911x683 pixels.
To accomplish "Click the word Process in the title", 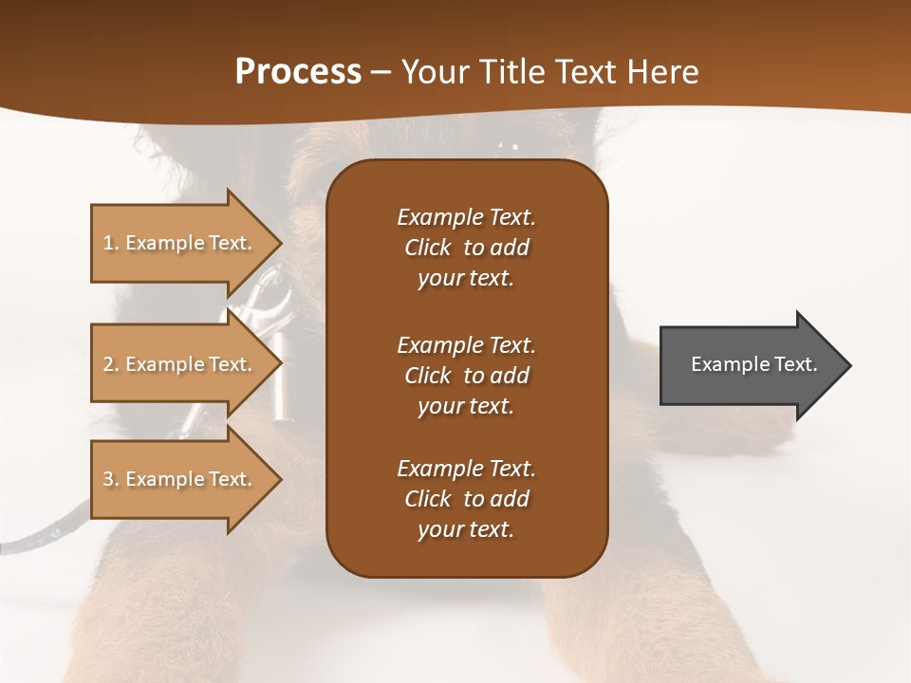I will tap(298, 72).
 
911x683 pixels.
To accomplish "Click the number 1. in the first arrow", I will tap(111, 243).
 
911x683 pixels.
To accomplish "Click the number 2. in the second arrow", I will tap(111, 364).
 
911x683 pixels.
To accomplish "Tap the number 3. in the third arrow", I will tap(111, 479).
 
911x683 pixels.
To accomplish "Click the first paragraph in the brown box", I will tap(466, 248).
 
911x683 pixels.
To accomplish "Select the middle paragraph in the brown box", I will tap(466, 375).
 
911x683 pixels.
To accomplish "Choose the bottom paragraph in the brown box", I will tap(466, 499).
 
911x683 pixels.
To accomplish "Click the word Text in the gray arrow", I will tap(797, 364).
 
